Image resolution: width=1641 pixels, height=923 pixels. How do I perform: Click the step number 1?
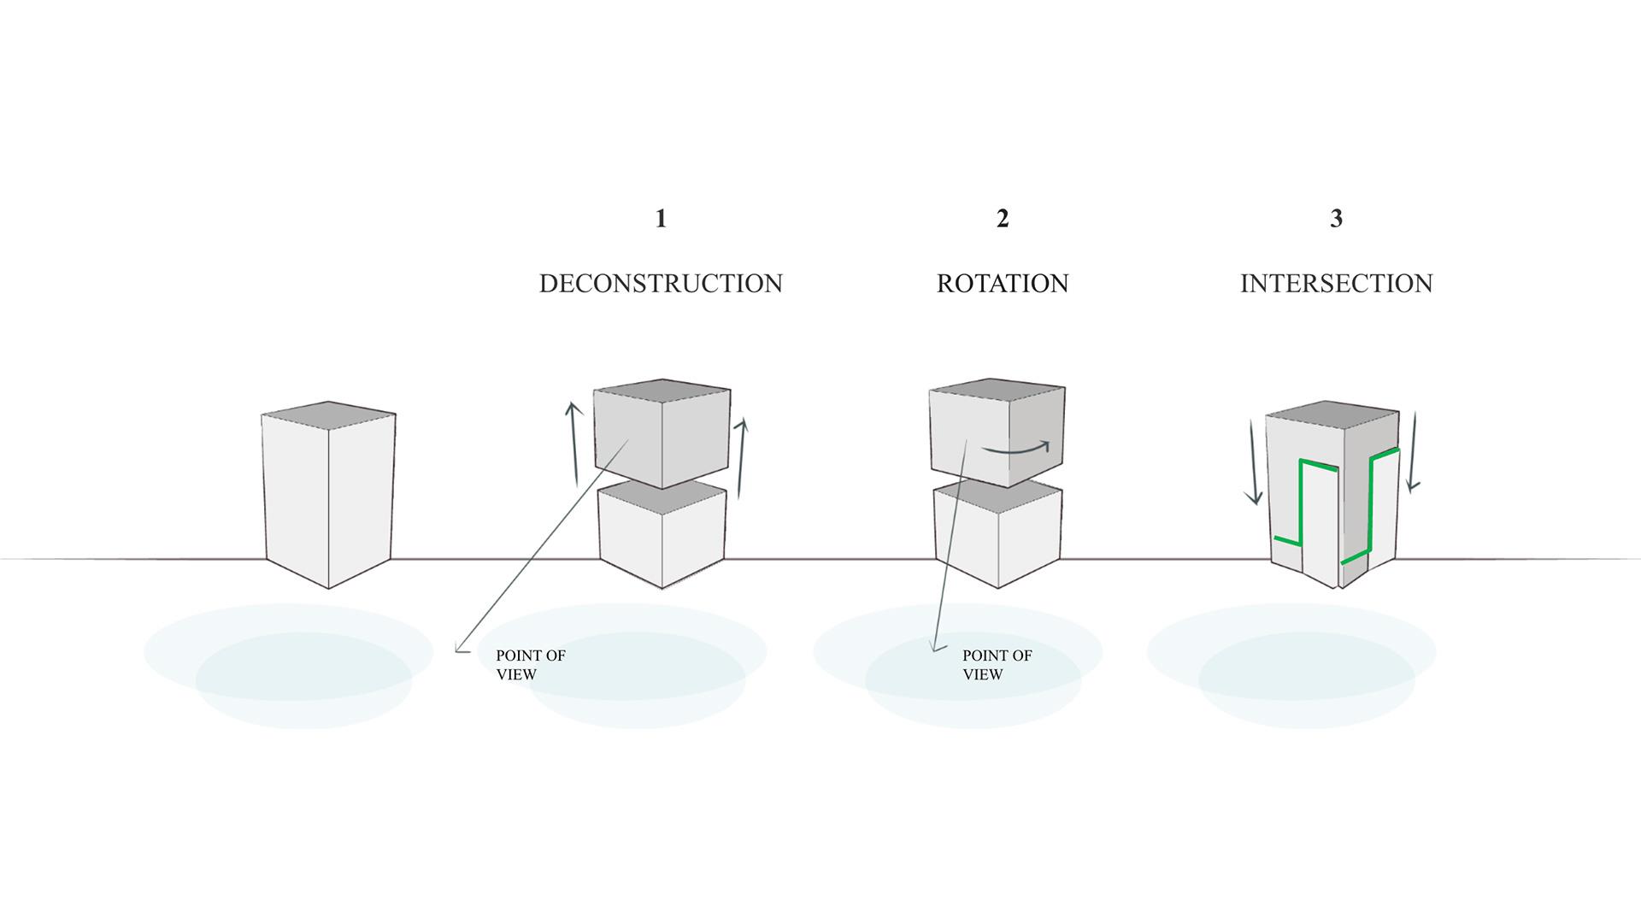(x=661, y=219)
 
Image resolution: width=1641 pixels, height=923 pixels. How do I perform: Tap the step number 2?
(x=1003, y=219)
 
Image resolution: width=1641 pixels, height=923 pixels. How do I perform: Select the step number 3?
(x=1336, y=219)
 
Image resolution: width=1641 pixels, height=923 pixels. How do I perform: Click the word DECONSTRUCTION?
(x=661, y=284)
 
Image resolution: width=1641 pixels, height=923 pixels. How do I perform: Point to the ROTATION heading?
(x=1003, y=284)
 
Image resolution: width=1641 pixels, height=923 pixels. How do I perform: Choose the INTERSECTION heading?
(x=1336, y=284)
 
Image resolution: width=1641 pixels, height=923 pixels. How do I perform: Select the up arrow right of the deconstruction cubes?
(x=741, y=457)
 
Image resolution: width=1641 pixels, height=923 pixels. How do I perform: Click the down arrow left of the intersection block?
(x=1253, y=461)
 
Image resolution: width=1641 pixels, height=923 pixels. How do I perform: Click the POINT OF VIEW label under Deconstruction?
(x=530, y=665)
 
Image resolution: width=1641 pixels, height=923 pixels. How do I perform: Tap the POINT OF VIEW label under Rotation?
(x=997, y=665)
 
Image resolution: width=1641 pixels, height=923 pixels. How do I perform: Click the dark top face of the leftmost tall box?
(x=329, y=414)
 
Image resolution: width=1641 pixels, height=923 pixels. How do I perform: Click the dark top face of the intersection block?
(x=1332, y=414)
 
